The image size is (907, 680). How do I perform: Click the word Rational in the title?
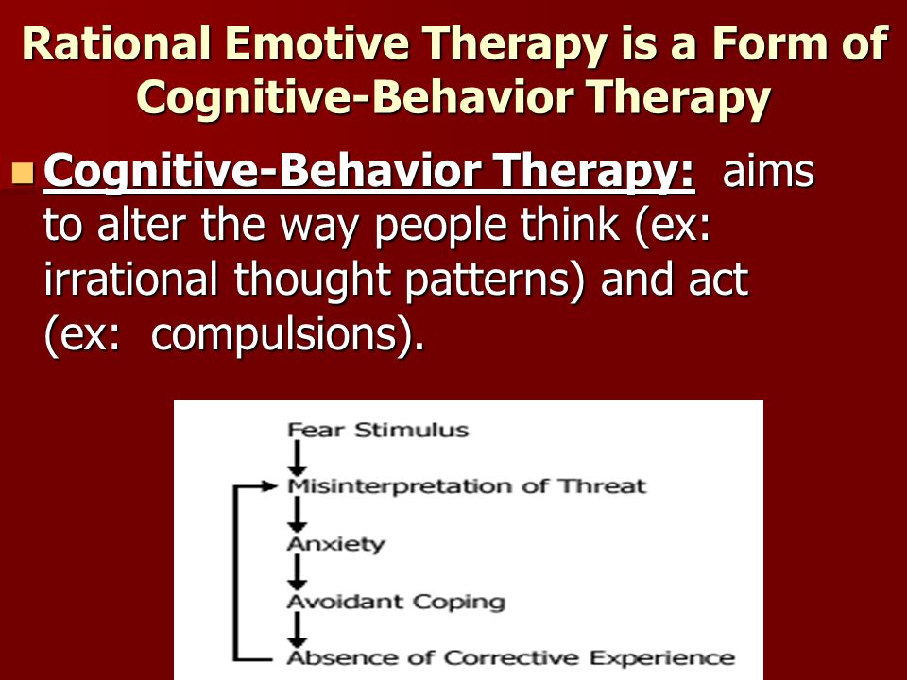pos(116,43)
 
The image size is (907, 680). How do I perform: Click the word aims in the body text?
pos(768,171)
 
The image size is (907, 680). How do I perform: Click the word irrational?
pos(130,279)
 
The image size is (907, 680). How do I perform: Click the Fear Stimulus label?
pos(378,431)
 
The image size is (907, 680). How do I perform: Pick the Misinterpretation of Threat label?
pos(467,486)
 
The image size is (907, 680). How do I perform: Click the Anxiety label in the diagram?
pos(336,544)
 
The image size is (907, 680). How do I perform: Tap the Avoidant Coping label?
pos(396,602)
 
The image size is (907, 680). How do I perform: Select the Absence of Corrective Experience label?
pos(511,658)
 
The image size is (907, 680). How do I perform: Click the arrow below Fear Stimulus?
pos(298,458)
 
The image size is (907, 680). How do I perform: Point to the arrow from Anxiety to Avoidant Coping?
pos(298,572)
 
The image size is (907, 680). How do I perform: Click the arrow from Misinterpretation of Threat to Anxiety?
pos(298,515)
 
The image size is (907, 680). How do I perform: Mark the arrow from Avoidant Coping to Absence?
pos(298,630)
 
